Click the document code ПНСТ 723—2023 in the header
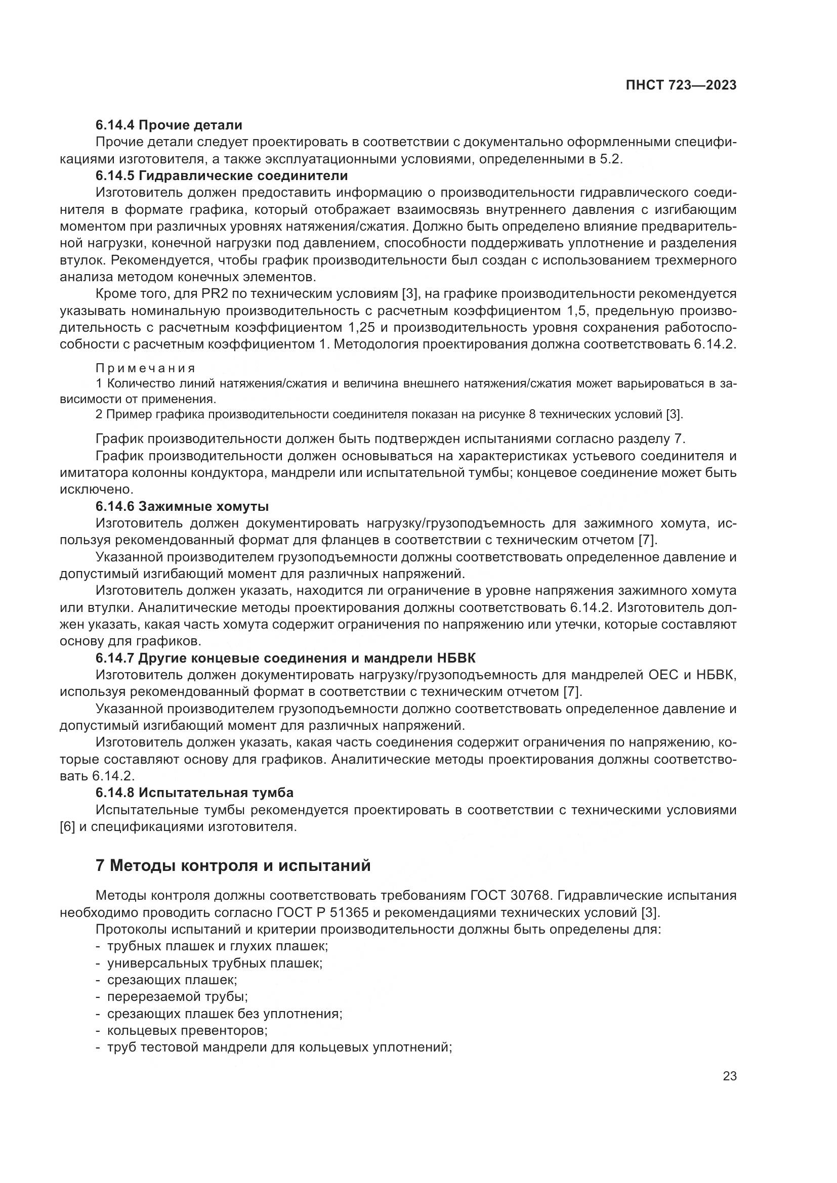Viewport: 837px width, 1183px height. [681, 85]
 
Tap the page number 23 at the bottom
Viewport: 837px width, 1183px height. [730, 1076]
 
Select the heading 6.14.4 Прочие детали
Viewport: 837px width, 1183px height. [169, 125]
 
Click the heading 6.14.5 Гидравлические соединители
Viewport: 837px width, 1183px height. [222, 176]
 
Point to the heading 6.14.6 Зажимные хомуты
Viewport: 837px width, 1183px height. [182, 506]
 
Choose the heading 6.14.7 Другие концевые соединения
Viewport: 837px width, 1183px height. [285, 658]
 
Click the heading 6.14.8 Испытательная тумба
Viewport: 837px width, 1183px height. [194, 793]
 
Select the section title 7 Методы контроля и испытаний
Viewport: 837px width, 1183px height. [233, 865]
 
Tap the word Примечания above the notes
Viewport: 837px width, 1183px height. [145, 368]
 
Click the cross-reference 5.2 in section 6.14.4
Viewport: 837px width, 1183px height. [610, 159]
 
